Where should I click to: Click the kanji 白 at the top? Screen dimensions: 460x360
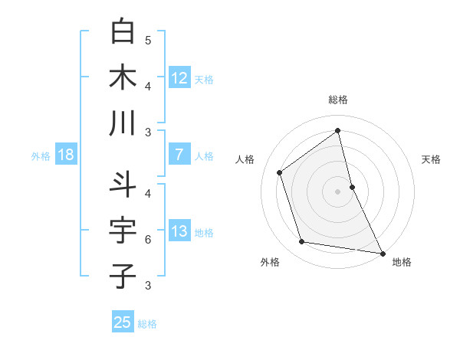coord(123,31)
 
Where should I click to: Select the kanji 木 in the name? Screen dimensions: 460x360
coord(123,77)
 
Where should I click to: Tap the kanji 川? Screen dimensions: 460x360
coord(123,123)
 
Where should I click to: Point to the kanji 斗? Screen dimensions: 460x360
coord(123,184)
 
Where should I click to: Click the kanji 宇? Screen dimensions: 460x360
coord(123,230)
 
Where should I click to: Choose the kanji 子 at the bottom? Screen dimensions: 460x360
coord(123,276)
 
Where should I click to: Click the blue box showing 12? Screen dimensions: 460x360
coord(179,77)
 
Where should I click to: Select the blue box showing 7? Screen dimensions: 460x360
coord(179,154)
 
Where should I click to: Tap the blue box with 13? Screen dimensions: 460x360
coord(179,231)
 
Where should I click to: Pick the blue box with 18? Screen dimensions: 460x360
coord(66,155)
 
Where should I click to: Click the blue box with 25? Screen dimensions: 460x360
coord(123,322)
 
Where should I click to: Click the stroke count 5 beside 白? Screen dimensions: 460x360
coord(148,40)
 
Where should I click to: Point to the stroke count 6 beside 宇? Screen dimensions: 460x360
coord(148,240)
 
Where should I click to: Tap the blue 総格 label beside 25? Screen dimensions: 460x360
coord(148,324)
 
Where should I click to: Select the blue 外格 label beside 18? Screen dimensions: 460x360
coord(41,156)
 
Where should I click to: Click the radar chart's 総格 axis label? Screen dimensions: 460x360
coord(338,100)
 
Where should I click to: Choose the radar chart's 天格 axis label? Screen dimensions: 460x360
coord(431,159)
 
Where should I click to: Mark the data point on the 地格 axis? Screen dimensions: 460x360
coord(382,253)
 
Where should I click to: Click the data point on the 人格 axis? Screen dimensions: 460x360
coord(280,172)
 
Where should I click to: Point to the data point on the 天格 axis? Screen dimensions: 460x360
coord(352,186)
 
